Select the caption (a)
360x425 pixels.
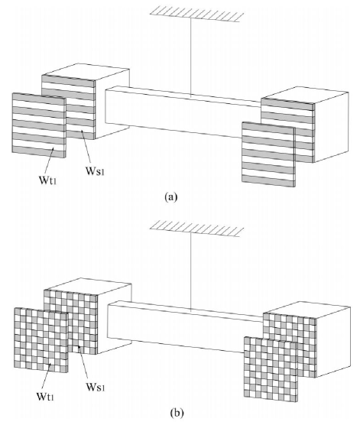point(172,196)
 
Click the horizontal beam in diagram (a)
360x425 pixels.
point(183,111)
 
